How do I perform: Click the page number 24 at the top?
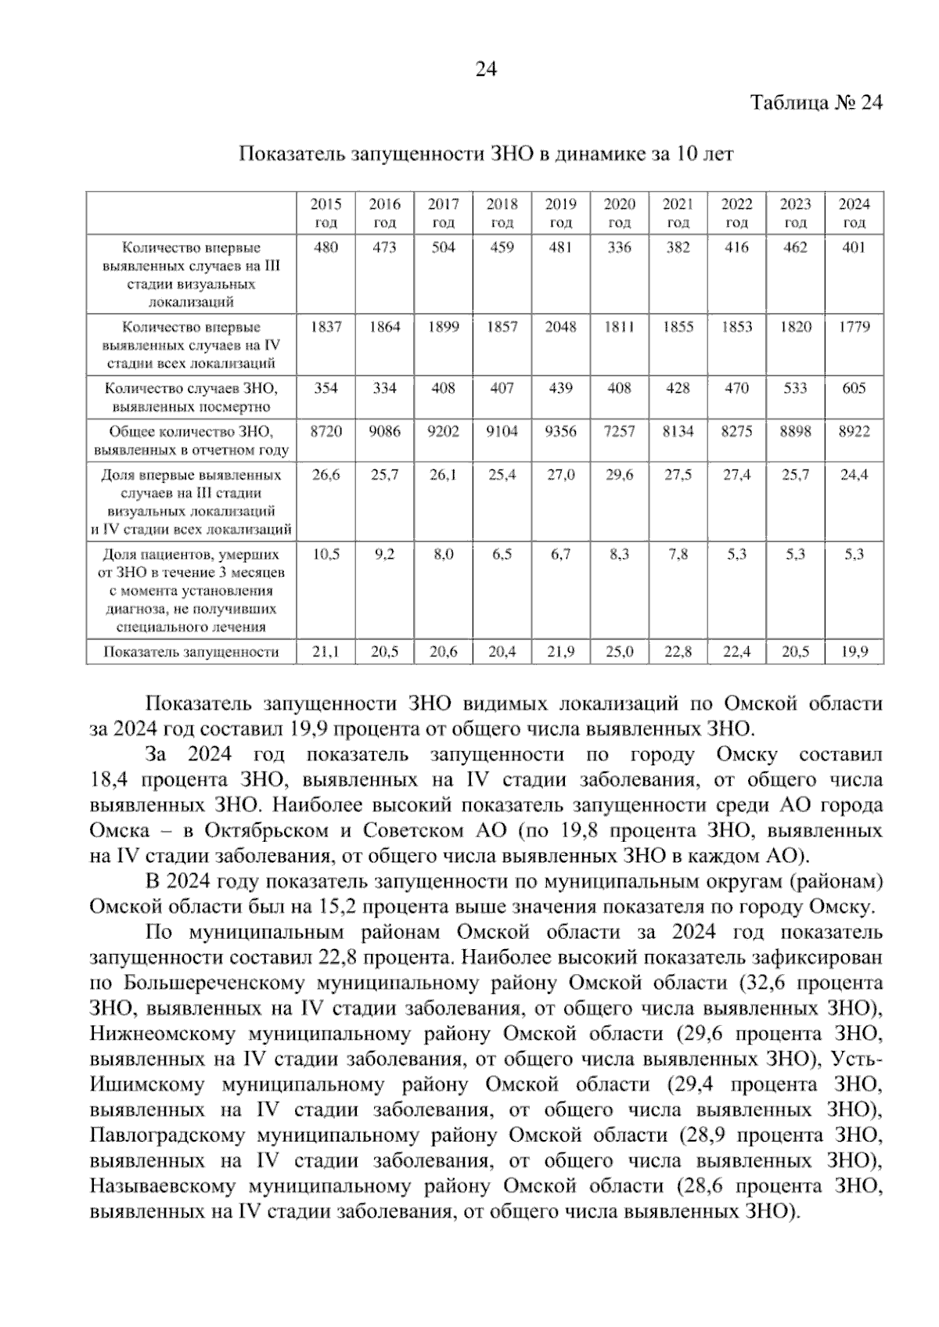pyautogui.click(x=486, y=70)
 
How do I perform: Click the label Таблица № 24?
pyautogui.click(x=816, y=103)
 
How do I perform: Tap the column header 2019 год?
pyautogui.click(x=560, y=213)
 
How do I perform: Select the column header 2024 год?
pyautogui.click(x=854, y=213)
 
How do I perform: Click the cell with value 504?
pyautogui.click(x=443, y=247)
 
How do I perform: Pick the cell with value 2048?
pyautogui.click(x=560, y=327)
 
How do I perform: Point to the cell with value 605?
pyautogui.click(x=854, y=388)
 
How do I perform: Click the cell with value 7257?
pyautogui.click(x=619, y=431)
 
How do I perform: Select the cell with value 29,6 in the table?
pyautogui.click(x=619, y=475)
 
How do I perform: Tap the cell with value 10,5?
pyautogui.click(x=326, y=554)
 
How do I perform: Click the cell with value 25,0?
pyautogui.click(x=619, y=651)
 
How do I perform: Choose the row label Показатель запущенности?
pyautogui.click(x=192, y=651)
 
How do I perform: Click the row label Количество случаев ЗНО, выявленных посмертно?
pyautogui.click(x=192, y=397)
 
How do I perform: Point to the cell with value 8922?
pyautogui.click(x=854, y=431)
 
